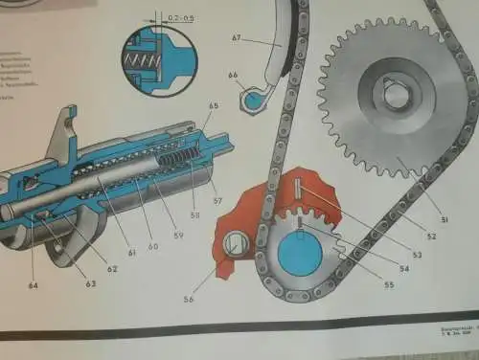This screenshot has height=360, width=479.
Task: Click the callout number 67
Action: (x=237, y=38)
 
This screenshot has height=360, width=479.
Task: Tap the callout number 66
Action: (x=233, y=75)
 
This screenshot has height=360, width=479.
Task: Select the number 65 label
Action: (x=214, y=105)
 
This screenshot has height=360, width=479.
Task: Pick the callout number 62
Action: (x=113, y=269)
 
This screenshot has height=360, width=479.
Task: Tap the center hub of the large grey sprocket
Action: (x=395, y=94)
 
